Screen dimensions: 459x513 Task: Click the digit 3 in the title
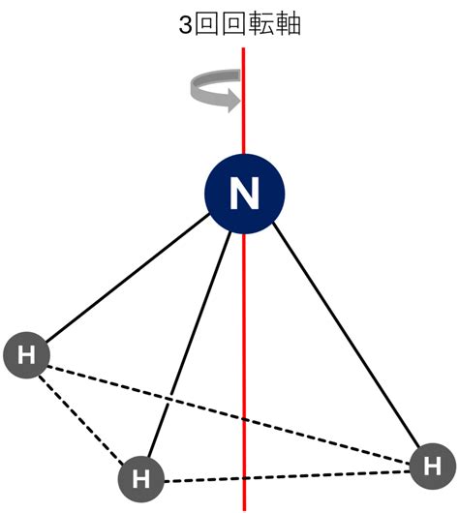point(185,25)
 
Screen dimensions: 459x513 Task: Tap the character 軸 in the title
point(289,24)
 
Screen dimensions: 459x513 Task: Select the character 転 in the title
point(260,24)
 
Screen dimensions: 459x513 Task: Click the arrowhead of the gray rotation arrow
point(234,101)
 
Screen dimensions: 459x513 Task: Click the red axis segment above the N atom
point(243,101)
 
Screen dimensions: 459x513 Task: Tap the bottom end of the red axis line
point(244,510)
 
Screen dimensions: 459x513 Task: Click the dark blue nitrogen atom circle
point(245,194)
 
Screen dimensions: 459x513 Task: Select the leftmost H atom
point(26,355)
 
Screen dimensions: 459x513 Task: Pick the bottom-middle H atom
point(141,479)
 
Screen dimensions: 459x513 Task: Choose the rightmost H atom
point(433,466)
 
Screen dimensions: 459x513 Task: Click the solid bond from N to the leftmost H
point(128,278)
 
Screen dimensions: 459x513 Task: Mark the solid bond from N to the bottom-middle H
point(190,345)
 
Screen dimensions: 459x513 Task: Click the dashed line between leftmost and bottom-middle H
point(81,420)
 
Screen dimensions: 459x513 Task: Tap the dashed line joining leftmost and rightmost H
point(229,415)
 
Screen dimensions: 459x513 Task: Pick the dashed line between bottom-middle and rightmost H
point(287,476)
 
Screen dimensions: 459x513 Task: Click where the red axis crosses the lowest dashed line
point(244,478)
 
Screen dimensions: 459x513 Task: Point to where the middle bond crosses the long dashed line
point(168,399)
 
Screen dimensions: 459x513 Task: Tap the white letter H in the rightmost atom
point(433,467)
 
